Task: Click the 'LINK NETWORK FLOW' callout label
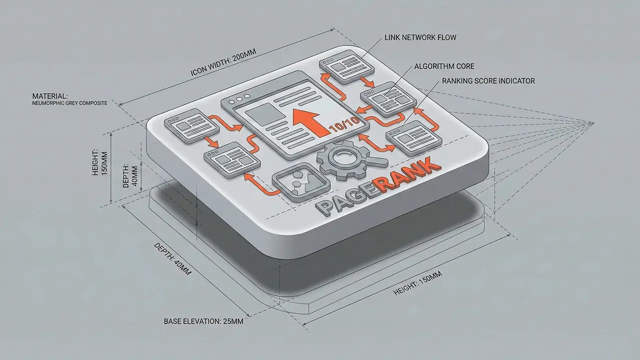[x=420, y=37]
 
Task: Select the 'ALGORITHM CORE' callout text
[x=444, y=66]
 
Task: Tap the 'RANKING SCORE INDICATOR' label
[x=487, y=81]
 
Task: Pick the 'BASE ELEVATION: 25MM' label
[x=203, y=321]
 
